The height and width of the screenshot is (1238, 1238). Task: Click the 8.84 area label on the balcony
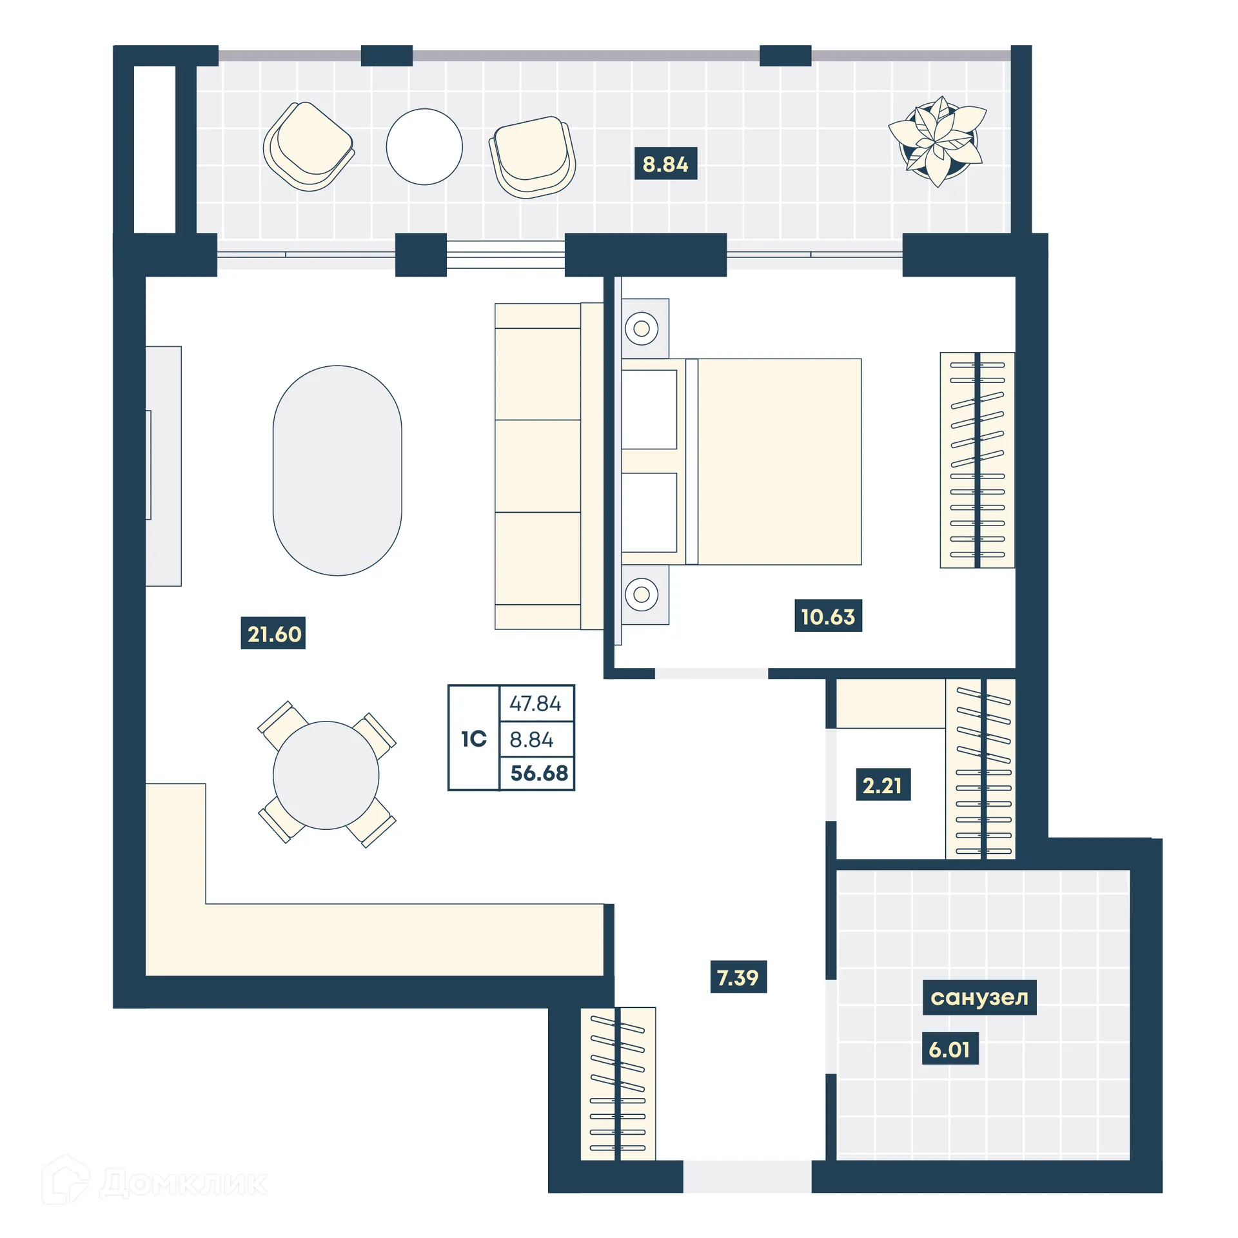[x=665, y=164]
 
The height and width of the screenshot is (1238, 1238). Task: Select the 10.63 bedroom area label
[x=827, y=616]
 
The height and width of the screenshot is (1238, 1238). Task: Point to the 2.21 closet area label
[x=882, y=785]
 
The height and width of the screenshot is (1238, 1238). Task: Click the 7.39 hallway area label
[x=738, y=977]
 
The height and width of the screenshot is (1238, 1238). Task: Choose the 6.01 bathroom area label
[x=949, y=1049]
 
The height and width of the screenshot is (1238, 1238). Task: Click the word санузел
[x=979, y=997]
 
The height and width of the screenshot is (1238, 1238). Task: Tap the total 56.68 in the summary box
[x=538, y=772]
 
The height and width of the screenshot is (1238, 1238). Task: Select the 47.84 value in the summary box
[x=535, y=703]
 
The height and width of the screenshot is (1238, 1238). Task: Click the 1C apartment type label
[x=473, y=738]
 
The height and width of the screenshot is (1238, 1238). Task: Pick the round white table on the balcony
[x=424, y=146]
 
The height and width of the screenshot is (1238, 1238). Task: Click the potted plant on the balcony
[x=938, y=142]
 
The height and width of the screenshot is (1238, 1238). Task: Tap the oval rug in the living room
[x=337, y=470]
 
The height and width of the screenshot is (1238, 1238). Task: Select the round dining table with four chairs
[x=326, y=774]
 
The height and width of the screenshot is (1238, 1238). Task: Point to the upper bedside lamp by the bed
[x=642, y=329]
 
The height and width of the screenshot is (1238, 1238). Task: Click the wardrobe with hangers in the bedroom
[x=977, y=460]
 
